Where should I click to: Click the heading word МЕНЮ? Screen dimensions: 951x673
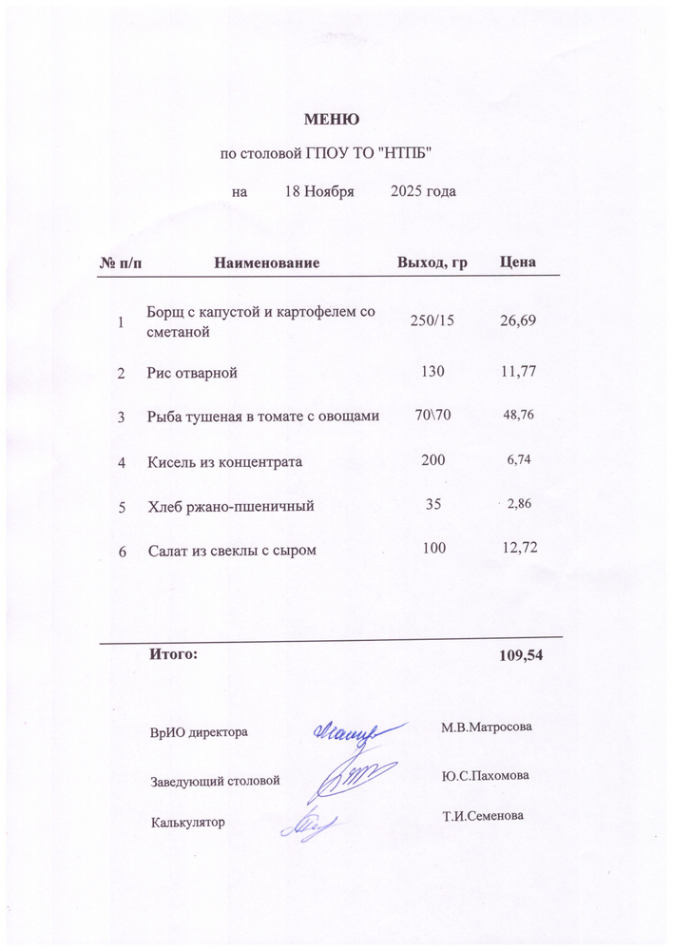331,120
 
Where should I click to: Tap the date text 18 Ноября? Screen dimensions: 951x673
319,191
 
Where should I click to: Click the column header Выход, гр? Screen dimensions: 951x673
432,262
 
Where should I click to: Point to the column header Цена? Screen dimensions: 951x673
518,262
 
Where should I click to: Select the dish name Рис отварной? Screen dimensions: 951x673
192,373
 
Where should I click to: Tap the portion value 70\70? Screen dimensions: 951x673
432,416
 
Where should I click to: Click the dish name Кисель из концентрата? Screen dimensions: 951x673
224,462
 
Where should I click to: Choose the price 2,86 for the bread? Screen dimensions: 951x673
519,504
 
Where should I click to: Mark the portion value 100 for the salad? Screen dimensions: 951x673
432,549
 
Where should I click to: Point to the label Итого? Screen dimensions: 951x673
173,654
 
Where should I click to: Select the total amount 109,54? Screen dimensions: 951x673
520,656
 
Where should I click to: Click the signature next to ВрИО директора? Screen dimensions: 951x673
345,730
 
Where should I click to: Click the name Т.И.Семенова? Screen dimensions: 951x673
483,816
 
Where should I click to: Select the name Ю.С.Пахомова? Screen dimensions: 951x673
486,775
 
